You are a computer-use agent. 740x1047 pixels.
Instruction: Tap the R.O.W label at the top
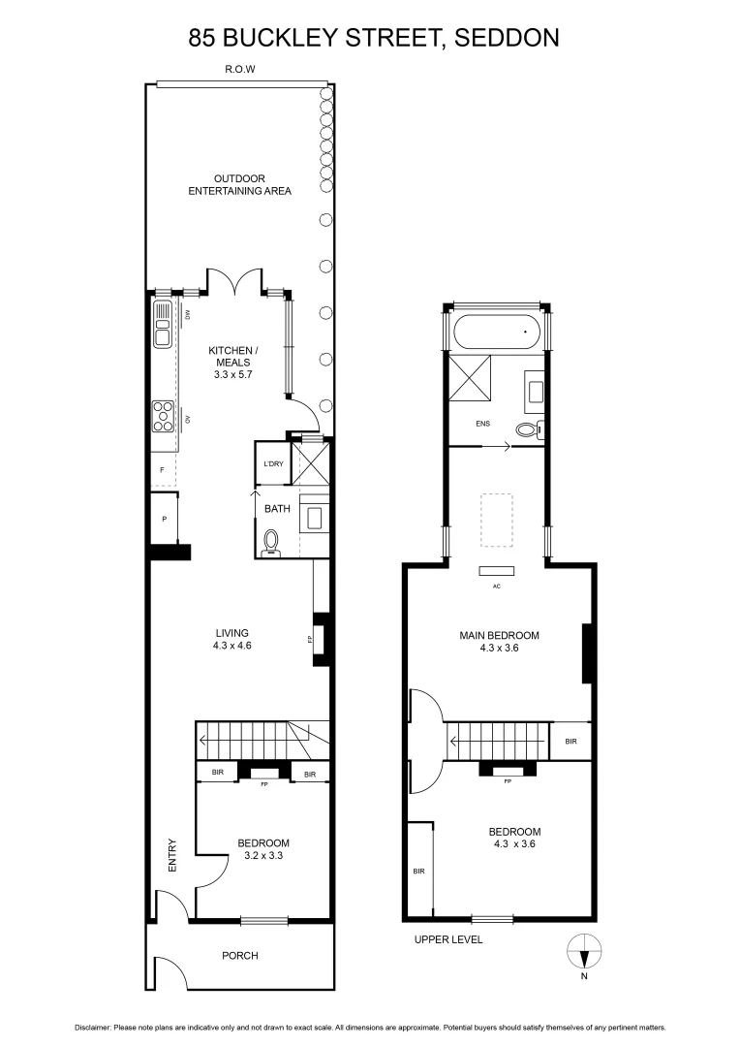pos(239,70)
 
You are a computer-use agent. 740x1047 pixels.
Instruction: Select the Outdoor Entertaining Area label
pos(239,184)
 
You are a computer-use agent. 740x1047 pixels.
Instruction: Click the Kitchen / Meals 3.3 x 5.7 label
pos(233,361)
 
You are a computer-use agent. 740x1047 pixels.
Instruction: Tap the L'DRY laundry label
pos(273,464)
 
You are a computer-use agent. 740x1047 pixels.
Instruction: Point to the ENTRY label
pos(172,855)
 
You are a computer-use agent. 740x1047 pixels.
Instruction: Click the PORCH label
pos(239,955)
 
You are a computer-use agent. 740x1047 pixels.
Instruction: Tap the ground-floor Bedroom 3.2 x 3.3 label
pos(263,849)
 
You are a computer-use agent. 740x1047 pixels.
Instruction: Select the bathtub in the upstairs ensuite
pos(498,332)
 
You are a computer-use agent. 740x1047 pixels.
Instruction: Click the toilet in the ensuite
pos(528,429)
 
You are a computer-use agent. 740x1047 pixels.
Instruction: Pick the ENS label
pos(483,424)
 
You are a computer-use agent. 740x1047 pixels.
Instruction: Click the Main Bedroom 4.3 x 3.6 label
pos(499,642)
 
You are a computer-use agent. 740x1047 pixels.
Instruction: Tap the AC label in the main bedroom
pos(497,586)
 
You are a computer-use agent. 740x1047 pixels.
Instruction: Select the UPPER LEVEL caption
pos(447,939)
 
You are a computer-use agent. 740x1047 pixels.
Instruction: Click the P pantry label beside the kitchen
pos(165,519)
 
